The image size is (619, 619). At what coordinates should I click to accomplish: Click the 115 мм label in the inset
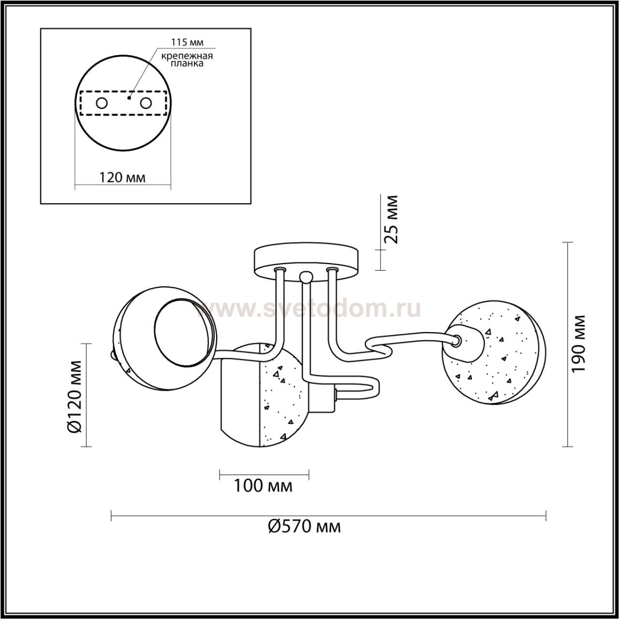(187, 42)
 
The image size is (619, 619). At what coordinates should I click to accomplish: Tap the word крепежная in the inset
(187, 56)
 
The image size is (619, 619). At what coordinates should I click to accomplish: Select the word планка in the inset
(187, 63)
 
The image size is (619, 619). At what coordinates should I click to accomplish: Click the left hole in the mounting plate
(102, 103)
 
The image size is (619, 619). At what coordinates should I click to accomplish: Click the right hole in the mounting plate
(146, 103)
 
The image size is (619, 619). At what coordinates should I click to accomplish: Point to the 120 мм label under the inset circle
(122, 177)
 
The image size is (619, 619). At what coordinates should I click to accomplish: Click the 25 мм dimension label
(391, 219)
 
